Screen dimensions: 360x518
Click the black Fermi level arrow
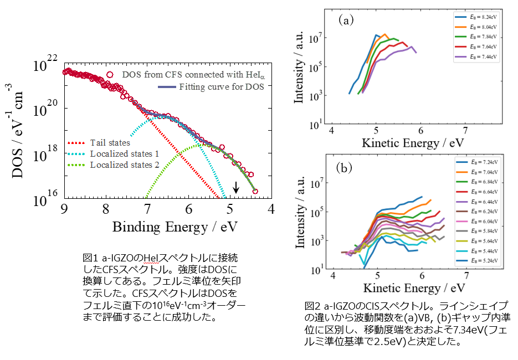point(236,188)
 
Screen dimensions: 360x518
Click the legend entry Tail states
point(110,143)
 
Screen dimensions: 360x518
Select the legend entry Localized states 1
point(124,153)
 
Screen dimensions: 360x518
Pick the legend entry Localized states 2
point(124,164)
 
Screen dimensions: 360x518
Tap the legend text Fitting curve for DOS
point(221,86)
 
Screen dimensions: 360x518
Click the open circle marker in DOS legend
point(110,75)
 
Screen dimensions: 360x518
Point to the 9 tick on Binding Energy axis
point(64,209)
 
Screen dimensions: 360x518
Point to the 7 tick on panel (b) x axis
point(466,275)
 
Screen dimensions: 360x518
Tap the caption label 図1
point(90,258)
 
